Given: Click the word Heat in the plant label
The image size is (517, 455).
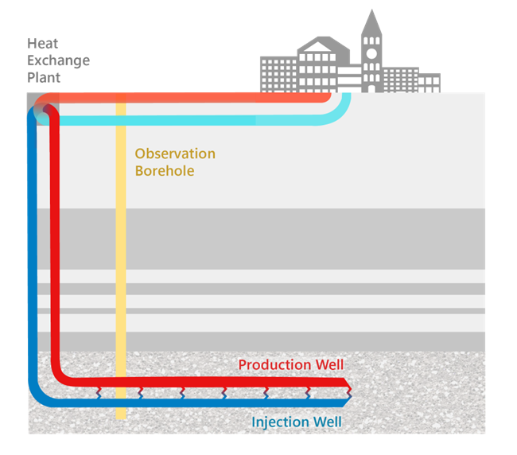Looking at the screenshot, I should pos(41,44).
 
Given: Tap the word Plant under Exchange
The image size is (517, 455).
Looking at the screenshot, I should pos(44,78).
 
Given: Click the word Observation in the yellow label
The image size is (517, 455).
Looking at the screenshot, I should pos(174,154).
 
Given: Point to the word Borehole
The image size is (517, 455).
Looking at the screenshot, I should pos(164,171).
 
